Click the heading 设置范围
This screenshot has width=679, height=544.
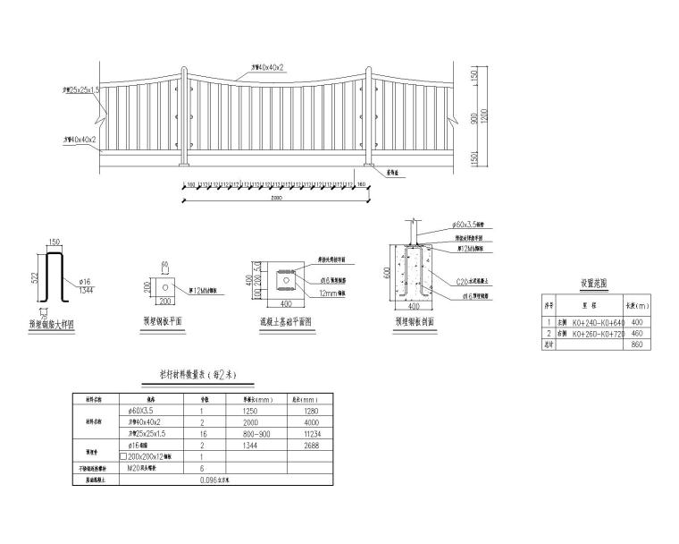pos(593,283)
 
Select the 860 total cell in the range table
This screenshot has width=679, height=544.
pos(637,344)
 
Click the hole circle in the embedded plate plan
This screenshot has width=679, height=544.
pos(165,285)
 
